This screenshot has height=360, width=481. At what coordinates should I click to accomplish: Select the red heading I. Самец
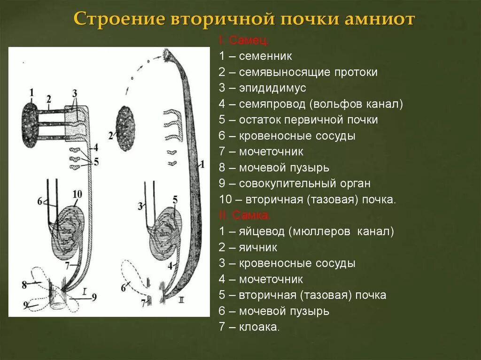pyautogui.click(x=243, y=41)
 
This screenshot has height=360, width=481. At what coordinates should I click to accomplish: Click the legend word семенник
pyautogui.click(x=265, y=56)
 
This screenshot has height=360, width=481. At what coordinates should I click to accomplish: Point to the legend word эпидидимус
pyautogui.click(x=272, y=88)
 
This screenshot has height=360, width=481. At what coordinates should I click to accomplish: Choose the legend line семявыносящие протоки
pyautogui.click(x=308, y=72)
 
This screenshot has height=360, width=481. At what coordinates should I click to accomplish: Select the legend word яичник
pyautogui.click(x=258, y=247)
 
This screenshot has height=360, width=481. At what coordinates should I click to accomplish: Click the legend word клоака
pyautogui.click(x=259, y=327)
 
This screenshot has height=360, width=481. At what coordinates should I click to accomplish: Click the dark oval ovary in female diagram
pyautogui.click(x=125, y=128)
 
